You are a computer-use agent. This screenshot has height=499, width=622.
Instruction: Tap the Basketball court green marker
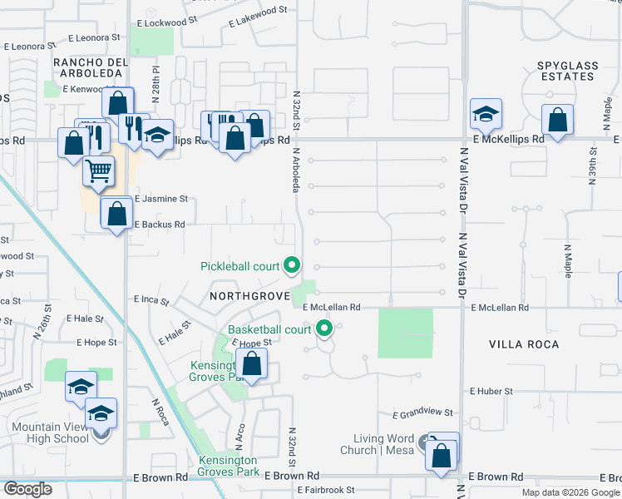[324, 329]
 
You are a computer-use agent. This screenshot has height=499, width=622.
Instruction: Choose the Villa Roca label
[524, 343]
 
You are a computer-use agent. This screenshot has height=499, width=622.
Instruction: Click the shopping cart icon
[98, 171]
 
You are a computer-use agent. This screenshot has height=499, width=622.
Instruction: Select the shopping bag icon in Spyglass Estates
[557, 120]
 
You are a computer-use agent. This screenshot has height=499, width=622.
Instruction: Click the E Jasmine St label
[161, 200]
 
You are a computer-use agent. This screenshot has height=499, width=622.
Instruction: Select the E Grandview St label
[422, 413]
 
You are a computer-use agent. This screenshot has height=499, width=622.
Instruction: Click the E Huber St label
[495, 390]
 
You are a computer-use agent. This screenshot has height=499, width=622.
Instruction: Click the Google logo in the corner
[27, 489]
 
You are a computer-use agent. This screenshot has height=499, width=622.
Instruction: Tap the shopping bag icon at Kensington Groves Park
[251, 364]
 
